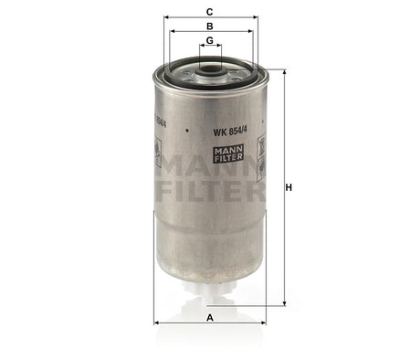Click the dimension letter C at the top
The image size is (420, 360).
[x=210, y=12]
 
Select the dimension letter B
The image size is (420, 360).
[x=210, y=26]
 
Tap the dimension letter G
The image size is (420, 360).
[x=210, y=41]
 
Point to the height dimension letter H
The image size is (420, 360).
[x=289, y=187]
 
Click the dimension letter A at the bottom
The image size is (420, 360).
[x=210, y=316]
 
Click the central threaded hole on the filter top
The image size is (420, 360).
[x=210, y=67]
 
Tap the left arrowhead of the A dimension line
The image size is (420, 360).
[x=156, y=323]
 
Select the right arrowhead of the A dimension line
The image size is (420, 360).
[x=265, y=323]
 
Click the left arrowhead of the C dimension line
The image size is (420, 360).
[x=165, y=18]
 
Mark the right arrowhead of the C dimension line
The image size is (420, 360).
[x=256, y=18]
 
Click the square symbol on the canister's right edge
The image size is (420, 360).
[x=261, y=145]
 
